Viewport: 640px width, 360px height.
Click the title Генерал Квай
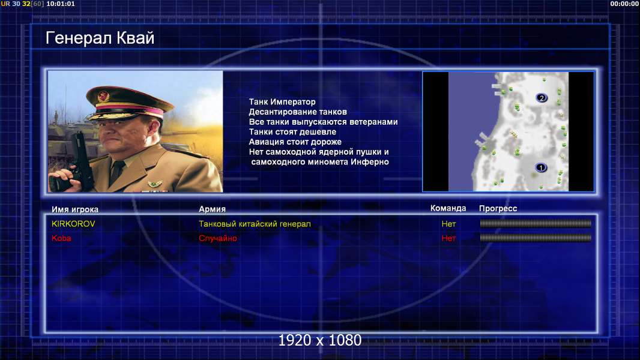[x=100, y=38]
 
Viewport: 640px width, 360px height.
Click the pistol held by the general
[x=77, y=161]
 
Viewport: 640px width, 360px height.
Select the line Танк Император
[x=282, y=102]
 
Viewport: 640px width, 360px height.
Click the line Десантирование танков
[x=298, y=112]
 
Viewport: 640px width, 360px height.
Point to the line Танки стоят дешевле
[x=292, y=131]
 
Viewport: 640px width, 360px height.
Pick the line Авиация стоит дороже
[x=295, y=142]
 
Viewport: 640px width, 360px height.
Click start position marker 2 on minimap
[x=542, y=98]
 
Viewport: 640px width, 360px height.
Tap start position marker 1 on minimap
[x=541, y=167]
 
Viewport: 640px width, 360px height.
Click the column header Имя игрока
[x=75, y=209]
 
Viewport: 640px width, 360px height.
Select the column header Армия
[x=213, y=209]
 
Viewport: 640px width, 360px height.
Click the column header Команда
[x=448, y=208]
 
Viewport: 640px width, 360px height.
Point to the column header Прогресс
[x=498, y=209]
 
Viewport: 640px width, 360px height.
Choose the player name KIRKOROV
[x=73, y=224]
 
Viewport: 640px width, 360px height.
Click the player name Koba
[x=61, y=238]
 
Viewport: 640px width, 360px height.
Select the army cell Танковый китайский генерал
[x=255, y=224]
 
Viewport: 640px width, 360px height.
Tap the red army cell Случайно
[x=218, y=238]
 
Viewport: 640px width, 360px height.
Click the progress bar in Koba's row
[x=536, y=238]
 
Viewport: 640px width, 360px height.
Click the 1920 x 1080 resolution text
[x=320, y=340]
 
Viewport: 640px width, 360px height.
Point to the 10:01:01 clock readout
[x=61, y=4]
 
